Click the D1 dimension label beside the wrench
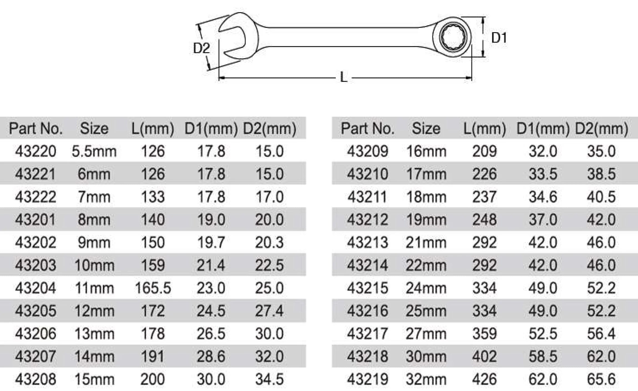(x=499, y=38)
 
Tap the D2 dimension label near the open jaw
(x=201, y=48)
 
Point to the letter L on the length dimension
(x=344, y=77)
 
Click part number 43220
(x=36, y=151)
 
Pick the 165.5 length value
(x=153, y=288)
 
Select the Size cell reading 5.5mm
(x=94, y=151)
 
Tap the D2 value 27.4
(x=269, y=311)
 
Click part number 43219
(x=367, y=379)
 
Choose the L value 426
(x=485, y=379)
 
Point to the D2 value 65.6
(x=601, y=379)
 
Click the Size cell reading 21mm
(x=426, y=243)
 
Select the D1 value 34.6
(x=543, y=197)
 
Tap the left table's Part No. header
(x=36, y=128)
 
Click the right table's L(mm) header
(x=485, y=128)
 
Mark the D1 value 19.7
(x=211, y=243)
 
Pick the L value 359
(x=485, y=334)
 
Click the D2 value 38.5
(x=601, y=174)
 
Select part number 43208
(x=36, y=379)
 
